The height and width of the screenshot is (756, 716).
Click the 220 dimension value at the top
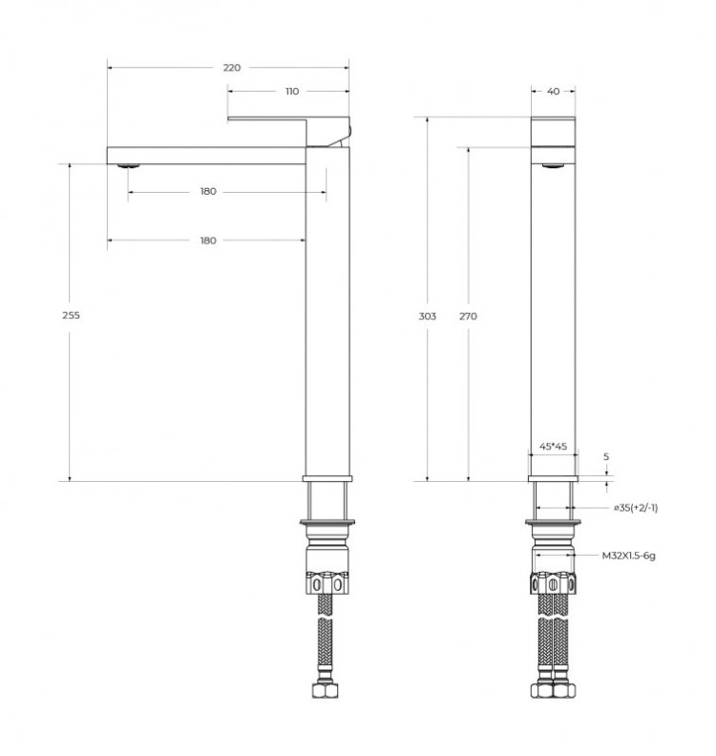tap(231, 68)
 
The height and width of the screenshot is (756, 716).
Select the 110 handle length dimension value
tap(291, 92)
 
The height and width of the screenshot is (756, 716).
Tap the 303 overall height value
tap(428, 316)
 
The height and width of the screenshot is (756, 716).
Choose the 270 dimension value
tap(468, 316)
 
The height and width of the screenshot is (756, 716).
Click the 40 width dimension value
tap(553, 92)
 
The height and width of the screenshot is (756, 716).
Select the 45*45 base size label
tap(553, 446)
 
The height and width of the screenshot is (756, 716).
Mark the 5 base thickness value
tap(605, 457)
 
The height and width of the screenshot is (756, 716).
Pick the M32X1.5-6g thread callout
tap(630, 554)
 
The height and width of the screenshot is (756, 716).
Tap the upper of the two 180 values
tap(208, 192)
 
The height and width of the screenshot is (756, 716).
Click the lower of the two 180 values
tap(208, 240)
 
